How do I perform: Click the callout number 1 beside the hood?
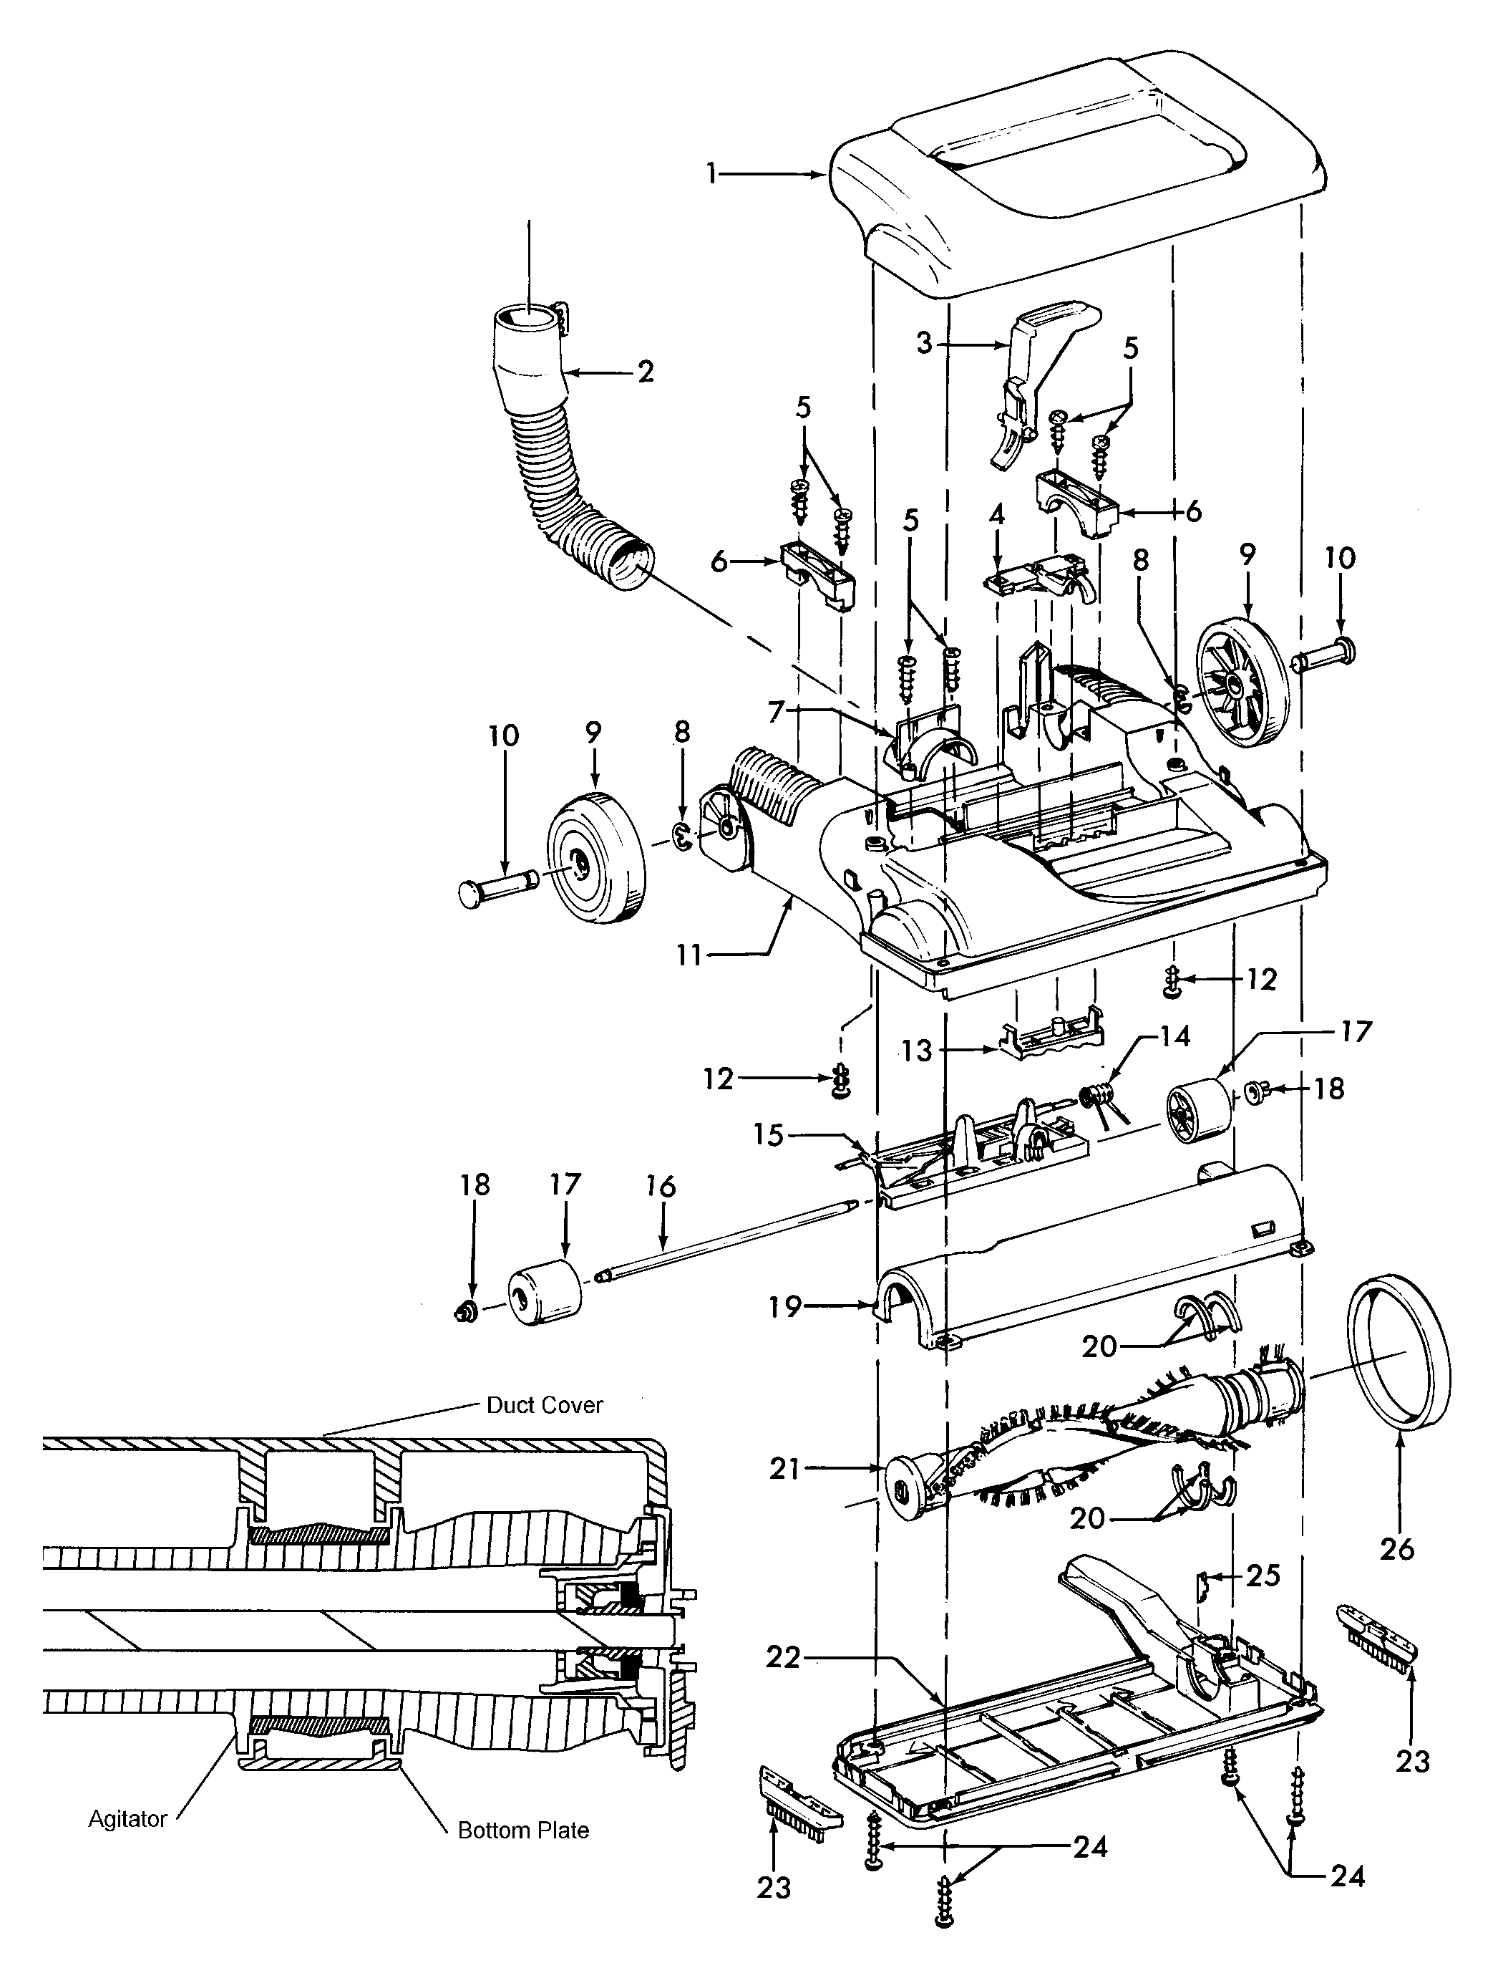[x=711, y=173]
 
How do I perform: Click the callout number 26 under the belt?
[x=1396, y=1548]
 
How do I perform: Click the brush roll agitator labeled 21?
[x=1074, y=1441]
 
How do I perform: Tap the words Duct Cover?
[x=544, y=1405]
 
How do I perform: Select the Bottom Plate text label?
[x=523, y=1830]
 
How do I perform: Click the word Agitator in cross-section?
[x=128, y=1818]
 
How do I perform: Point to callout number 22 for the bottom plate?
[x=784, y=1657]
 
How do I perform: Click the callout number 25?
[x=1263, y=1574]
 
